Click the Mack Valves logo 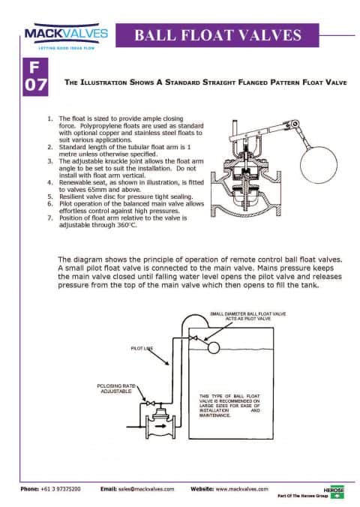(66, 34)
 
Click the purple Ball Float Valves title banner (217, 34)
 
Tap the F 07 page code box (35, 76)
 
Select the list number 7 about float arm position (49, 217)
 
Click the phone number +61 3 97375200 (70, 488)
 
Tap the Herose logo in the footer (333, 487)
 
